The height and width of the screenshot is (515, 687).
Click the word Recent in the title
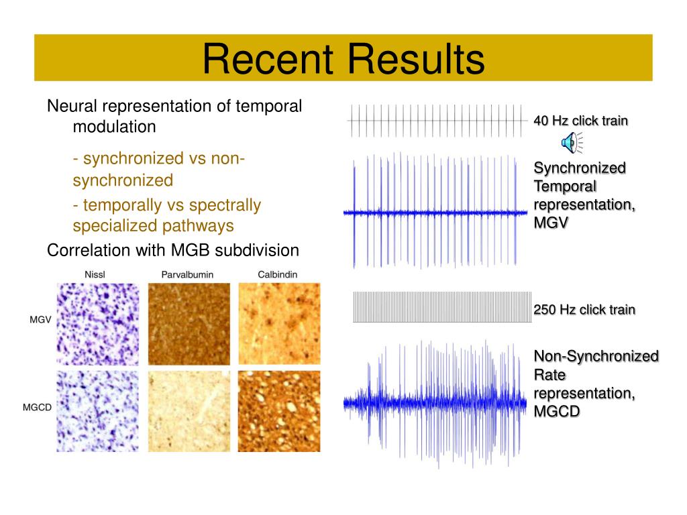[x=268, y=59]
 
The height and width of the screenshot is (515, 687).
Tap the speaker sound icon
[x=572, y=143]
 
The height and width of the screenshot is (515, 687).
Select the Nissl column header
[x=95, y=274]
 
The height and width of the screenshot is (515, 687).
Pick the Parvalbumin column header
[x=188, y=274]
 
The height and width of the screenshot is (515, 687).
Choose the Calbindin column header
[x=277, y=274]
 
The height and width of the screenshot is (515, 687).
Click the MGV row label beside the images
[x=40, y=320]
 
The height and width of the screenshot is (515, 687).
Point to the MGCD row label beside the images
[x=38, y=407]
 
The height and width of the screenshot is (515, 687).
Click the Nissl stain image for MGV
[x=98, y=324]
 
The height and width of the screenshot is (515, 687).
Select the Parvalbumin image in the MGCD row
[x=189, y=411]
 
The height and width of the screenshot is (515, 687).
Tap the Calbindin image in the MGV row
[x=279, y=324]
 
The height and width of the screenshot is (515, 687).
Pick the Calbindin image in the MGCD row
[x=279, y=411]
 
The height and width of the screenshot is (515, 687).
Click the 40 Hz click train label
[x=580, y=121]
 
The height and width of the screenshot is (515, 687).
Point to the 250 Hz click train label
[x=584, y=310]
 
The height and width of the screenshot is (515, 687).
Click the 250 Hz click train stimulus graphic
[x=442, y=307]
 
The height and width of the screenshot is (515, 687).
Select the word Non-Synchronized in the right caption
[x=596, y=356]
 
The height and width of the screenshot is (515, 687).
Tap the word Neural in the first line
[x=72, y=106]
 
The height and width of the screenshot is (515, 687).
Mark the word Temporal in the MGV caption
[x=565, y=186]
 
